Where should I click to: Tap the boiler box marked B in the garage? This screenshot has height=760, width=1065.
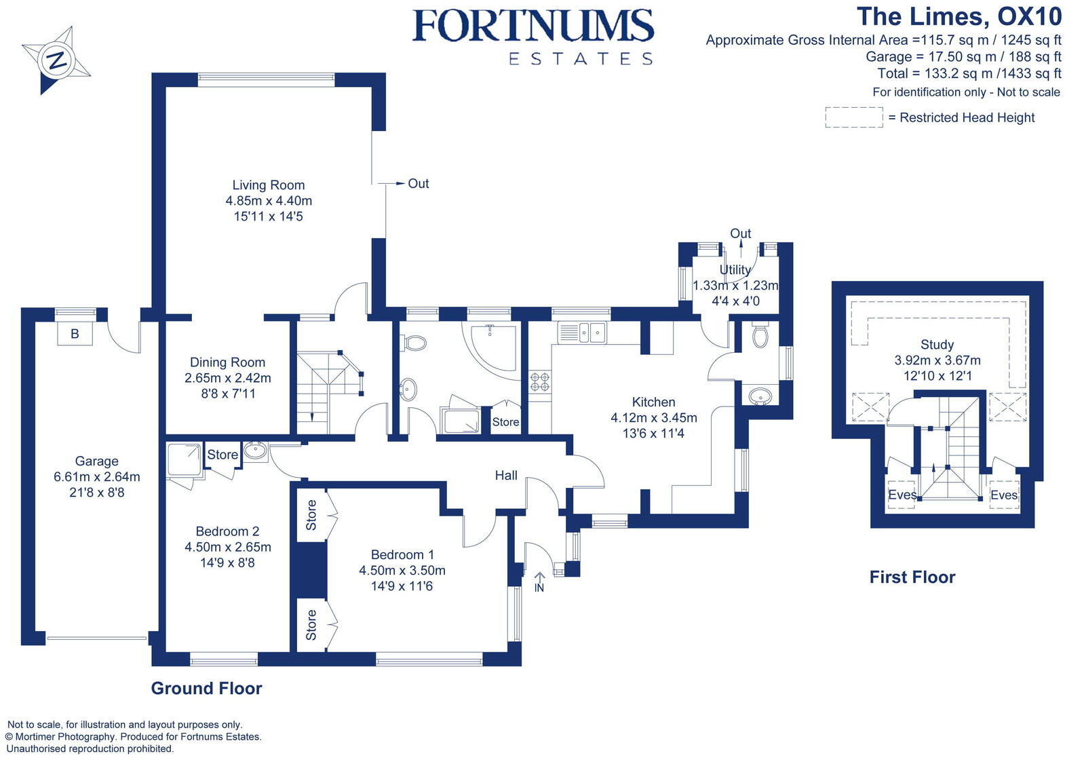tap(75, 334)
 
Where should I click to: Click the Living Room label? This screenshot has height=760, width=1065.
tap(269, 185)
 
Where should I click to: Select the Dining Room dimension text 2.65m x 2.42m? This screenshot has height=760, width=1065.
tap(227, 378)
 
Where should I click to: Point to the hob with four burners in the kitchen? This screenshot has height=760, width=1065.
tap(540, 382)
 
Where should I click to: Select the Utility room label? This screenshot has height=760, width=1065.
tap(735, 269)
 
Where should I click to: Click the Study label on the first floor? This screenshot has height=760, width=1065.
tap(937, 345)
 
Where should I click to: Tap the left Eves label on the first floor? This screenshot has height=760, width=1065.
tap(902, 495)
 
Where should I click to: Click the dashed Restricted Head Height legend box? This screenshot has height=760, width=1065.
tap(853, 117)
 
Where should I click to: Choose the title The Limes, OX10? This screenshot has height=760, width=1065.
tap(958, 16)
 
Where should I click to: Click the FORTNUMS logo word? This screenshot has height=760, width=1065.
tap(533, 27)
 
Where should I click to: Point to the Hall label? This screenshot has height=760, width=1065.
tap(506, 475)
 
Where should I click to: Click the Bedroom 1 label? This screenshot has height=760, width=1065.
tap(402, 554)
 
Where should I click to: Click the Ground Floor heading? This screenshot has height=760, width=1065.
tap(206, 688)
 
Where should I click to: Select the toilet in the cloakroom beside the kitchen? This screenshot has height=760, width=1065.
tap(760, 336)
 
